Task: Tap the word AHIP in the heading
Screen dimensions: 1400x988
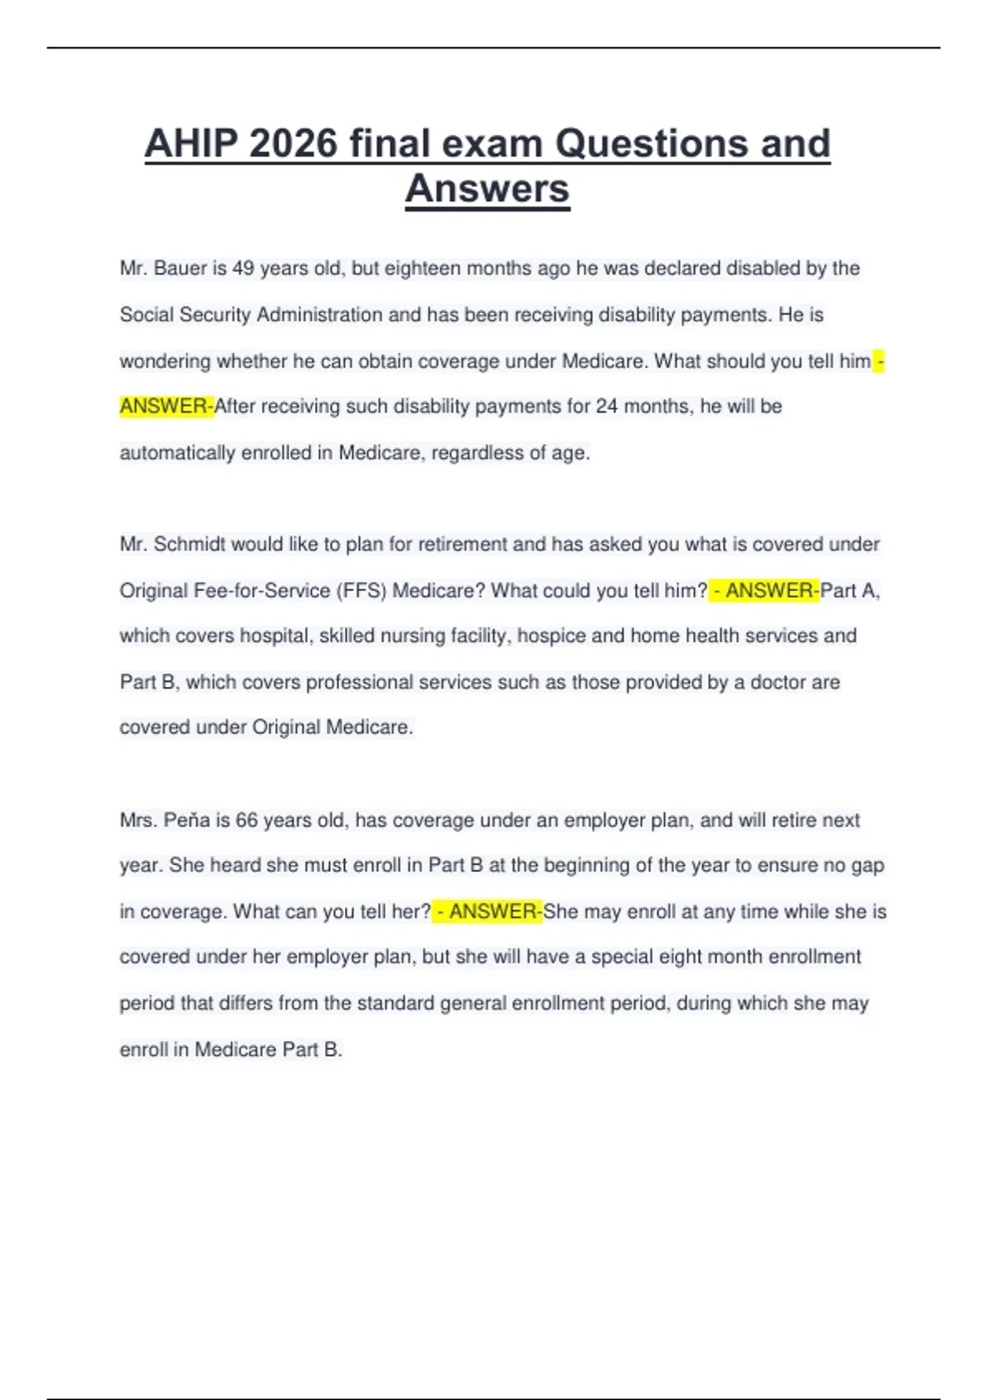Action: pyautogui.click(x=190, y=143)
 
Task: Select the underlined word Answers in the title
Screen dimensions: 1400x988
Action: pyautogui.click(x=487, y=189)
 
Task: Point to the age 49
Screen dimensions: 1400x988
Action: pyautogui.click(x=243, y=268)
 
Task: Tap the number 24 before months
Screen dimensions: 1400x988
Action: pyautogui.click(x=606, y=406)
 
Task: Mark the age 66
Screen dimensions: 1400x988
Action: pyautogui.click(x=247, y=820)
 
